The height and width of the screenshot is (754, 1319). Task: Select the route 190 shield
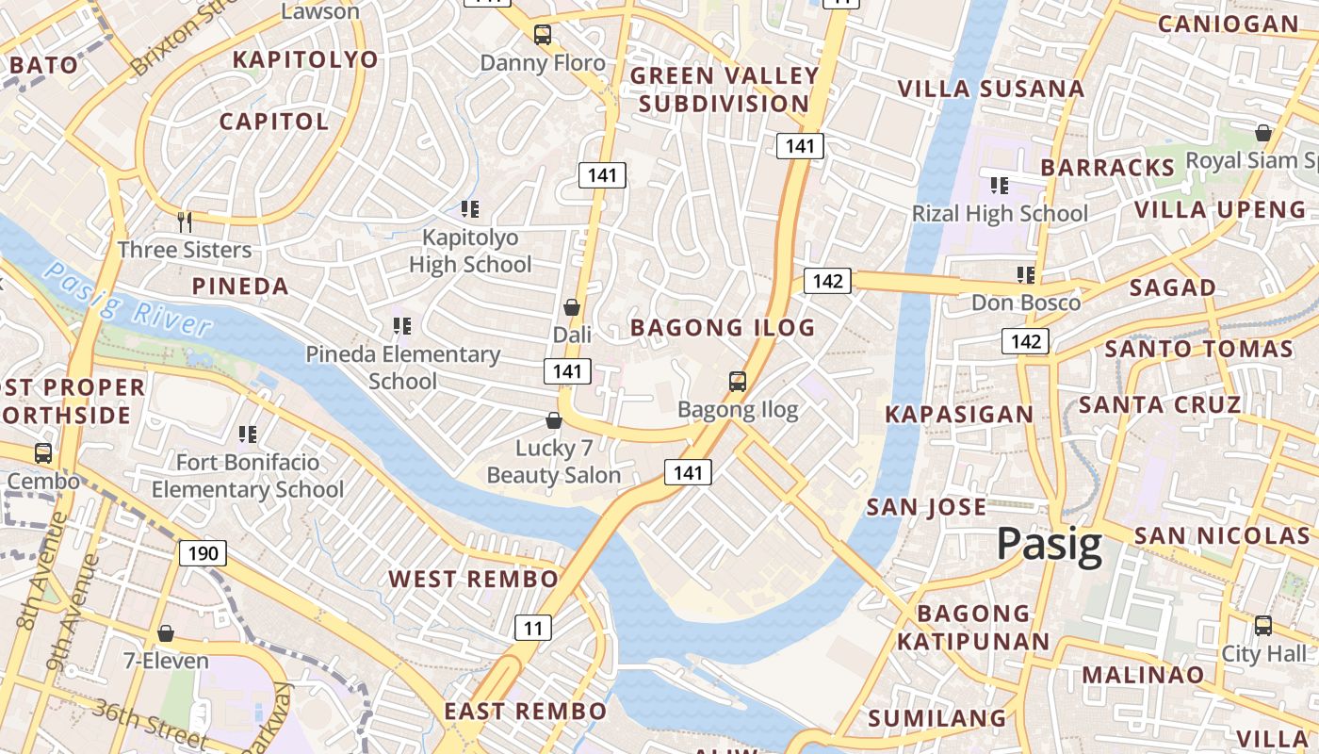point(204,552)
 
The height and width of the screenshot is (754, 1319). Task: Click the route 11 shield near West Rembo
point(533,627)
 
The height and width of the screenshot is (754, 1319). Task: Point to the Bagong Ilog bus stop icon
point(738,382)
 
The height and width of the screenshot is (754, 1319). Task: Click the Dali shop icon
point(571,307)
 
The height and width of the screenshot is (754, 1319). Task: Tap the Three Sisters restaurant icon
point(185,222)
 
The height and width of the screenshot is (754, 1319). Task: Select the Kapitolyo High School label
point(470,251)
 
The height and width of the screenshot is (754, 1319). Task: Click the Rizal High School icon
point(999,186)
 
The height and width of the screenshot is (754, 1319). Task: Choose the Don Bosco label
point(1025,303)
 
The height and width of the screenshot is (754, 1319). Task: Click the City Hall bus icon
point(1262,625)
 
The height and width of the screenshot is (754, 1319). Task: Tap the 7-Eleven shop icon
point(166,632)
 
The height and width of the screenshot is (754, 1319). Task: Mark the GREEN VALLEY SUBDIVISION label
point(724,90)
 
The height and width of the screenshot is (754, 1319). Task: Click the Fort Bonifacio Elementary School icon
point(247,434)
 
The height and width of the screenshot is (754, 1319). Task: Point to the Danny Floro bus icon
point(543,36)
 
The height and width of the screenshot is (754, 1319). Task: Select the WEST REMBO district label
point(474,579)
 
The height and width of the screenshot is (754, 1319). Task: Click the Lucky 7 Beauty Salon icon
point(554,420)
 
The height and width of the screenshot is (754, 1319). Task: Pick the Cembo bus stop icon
point(43,452)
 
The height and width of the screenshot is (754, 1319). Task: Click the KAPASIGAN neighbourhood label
point(959,414)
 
